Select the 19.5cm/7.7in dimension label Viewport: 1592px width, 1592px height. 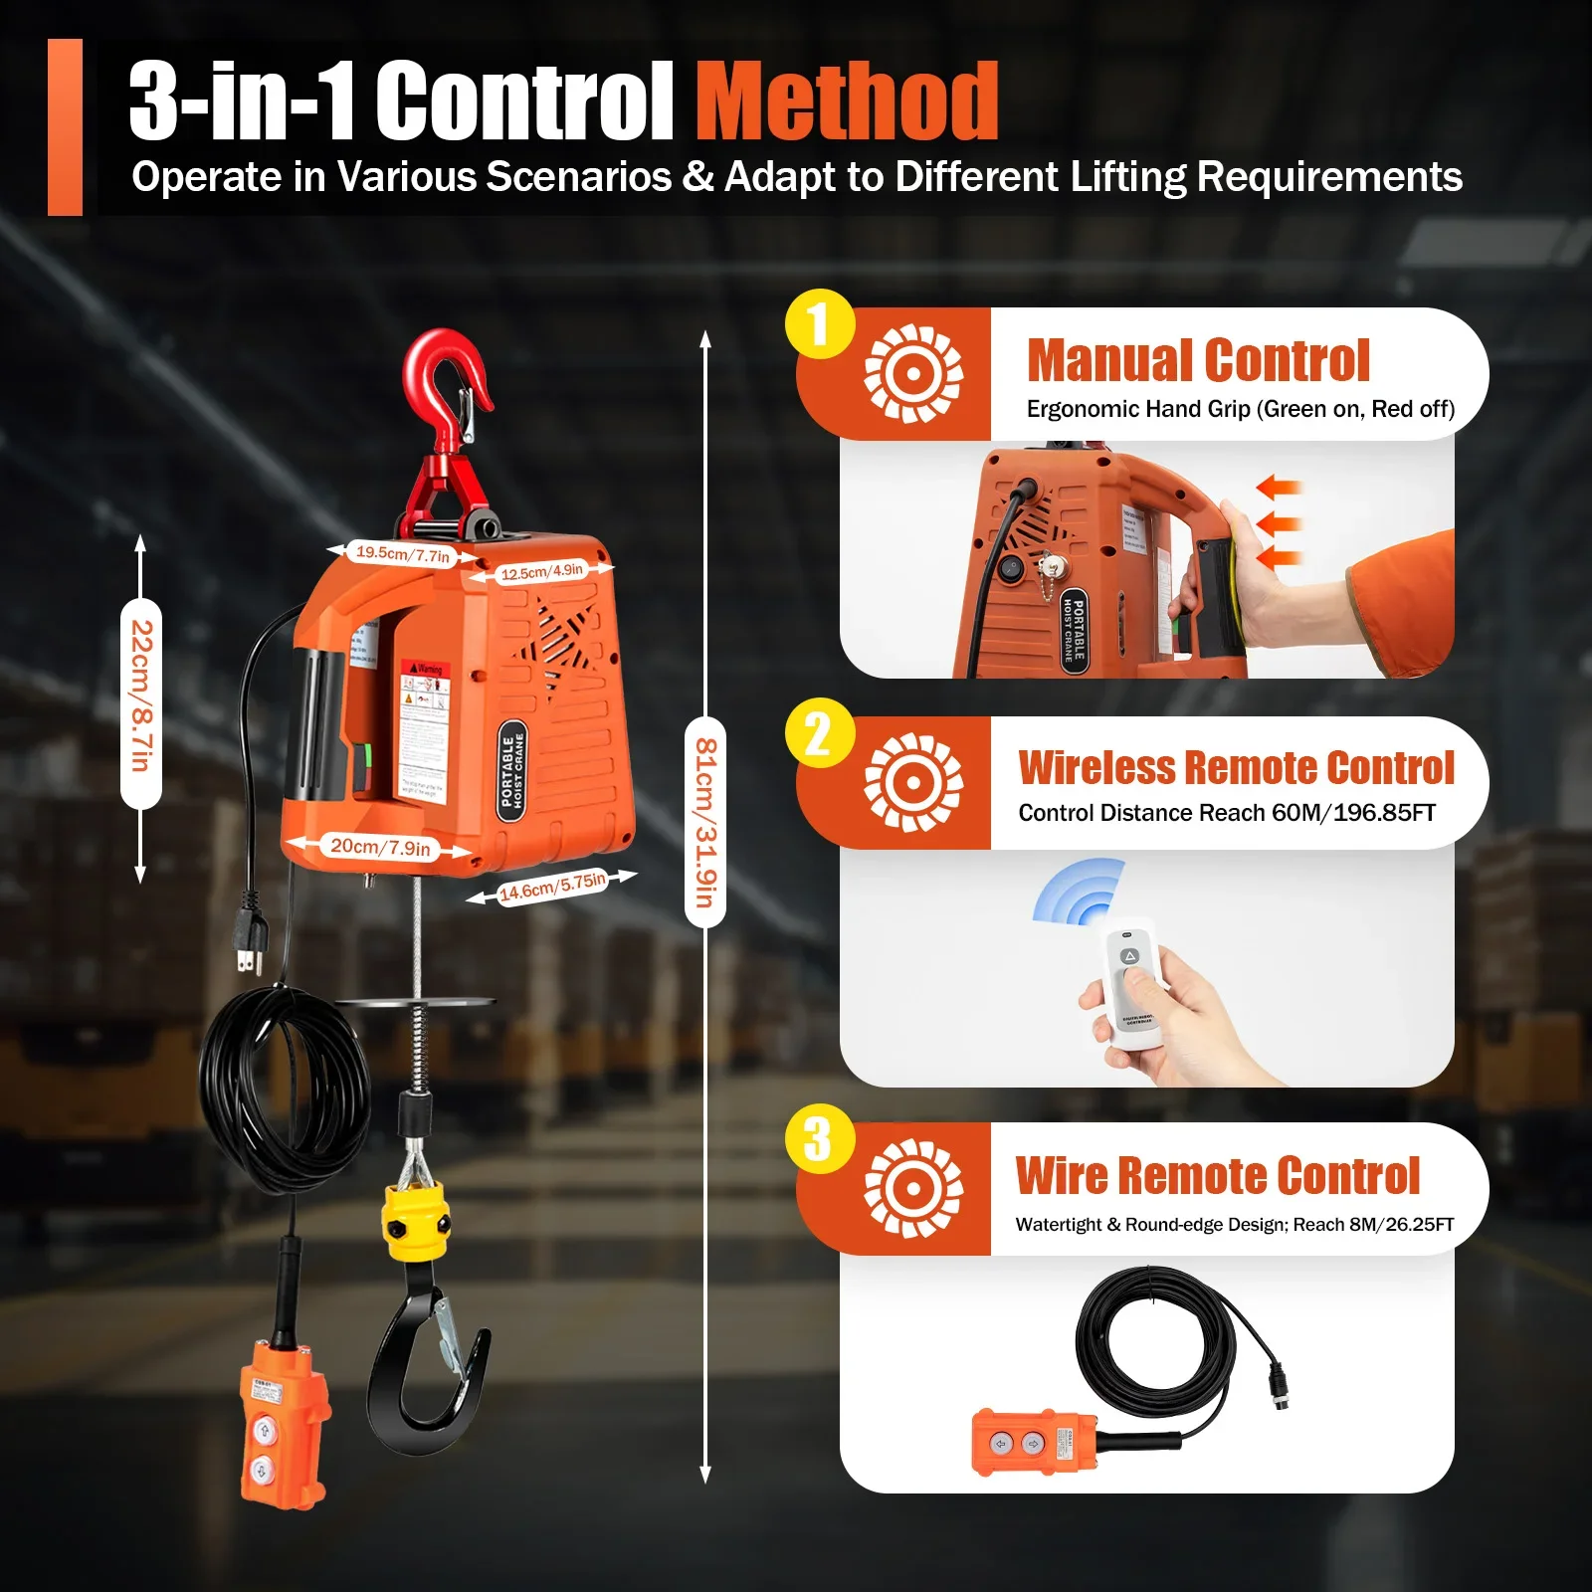tap(403, 553)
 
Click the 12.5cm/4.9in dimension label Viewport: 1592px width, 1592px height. tap(542, 572)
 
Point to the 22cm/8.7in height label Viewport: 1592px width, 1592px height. tap(141, 696)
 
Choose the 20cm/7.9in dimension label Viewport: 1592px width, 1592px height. tap(380, 847)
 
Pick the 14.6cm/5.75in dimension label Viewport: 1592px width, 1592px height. tap(552, 886)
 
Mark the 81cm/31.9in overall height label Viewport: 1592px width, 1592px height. tap(705, 822)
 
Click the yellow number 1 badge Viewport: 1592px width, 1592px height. tap(819, 324)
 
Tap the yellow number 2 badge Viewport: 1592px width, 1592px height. tap(819, 733)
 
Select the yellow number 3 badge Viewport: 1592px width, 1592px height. tap(819, 1139)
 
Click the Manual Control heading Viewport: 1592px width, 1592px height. tap(1198, 360)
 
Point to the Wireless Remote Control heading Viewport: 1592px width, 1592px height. tap(1236, 768)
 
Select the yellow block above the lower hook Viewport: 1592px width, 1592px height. tap(414, 1221)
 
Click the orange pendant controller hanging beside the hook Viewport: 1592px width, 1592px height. tap(284, 1423)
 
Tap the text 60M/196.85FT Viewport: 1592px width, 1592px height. tap(1353, 813)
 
